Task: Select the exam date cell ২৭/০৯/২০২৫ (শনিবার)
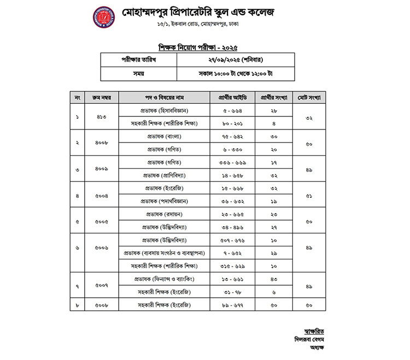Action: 235,60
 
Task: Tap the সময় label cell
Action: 138,73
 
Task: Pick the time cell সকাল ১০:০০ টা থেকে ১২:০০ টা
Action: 235,73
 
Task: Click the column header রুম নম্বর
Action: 102,98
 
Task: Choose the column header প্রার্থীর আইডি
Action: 232,98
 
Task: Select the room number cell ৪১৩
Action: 102,117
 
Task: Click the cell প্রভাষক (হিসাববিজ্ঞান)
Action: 165,110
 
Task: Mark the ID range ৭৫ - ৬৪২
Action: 232,137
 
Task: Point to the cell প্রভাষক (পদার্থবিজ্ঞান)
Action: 165,202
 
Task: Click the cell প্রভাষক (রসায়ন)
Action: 165,215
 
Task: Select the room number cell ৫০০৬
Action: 102,247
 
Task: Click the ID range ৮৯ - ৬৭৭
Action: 232,304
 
